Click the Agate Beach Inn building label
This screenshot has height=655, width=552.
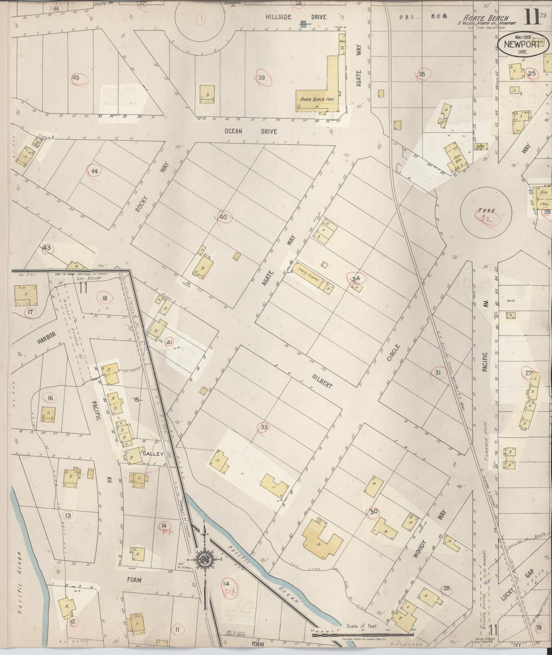(x=317, y=99)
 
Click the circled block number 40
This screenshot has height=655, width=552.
(x=223, y=217)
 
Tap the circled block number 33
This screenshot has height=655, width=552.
(x=264, y=427)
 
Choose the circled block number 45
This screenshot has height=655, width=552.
(x=76, y=78)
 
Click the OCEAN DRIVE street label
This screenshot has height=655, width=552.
(x=251, y=131)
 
